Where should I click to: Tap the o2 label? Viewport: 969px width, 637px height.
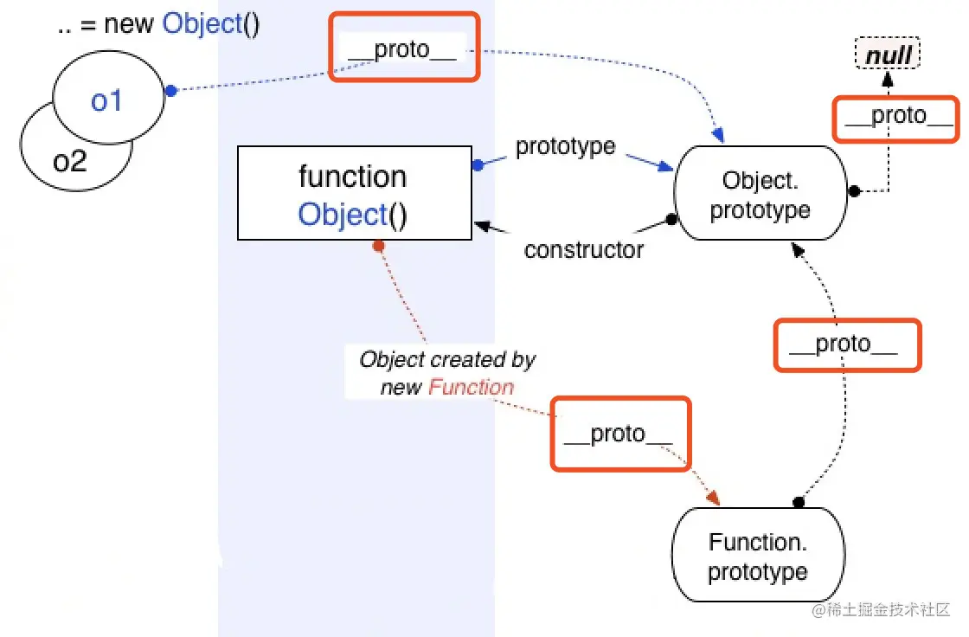tap(70, 162)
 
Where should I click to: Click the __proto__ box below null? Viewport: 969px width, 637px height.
tap(895, 119)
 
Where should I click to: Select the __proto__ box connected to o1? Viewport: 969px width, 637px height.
tap(404, 47)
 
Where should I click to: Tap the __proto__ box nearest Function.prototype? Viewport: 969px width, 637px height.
tap(620, 434)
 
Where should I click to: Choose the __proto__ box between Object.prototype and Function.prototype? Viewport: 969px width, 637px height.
tap(847, 345)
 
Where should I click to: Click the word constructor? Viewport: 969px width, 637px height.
tap(583, 250)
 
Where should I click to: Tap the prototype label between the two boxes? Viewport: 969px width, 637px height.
tap(566, 146)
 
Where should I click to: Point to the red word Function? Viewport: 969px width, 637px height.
tap(471, 387)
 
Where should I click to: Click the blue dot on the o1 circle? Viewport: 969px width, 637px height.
tap(171, 91)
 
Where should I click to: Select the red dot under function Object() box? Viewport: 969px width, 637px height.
tap(379, 246)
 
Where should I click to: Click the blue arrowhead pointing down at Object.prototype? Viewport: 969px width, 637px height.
tap(718, 135)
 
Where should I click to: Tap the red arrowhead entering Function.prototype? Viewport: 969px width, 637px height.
tap(713, 498)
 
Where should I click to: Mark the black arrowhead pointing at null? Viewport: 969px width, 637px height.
tap(888, 79)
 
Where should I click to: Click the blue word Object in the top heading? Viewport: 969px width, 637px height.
tap(202, 25)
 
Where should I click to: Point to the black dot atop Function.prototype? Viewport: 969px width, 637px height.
tap(799, 502)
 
